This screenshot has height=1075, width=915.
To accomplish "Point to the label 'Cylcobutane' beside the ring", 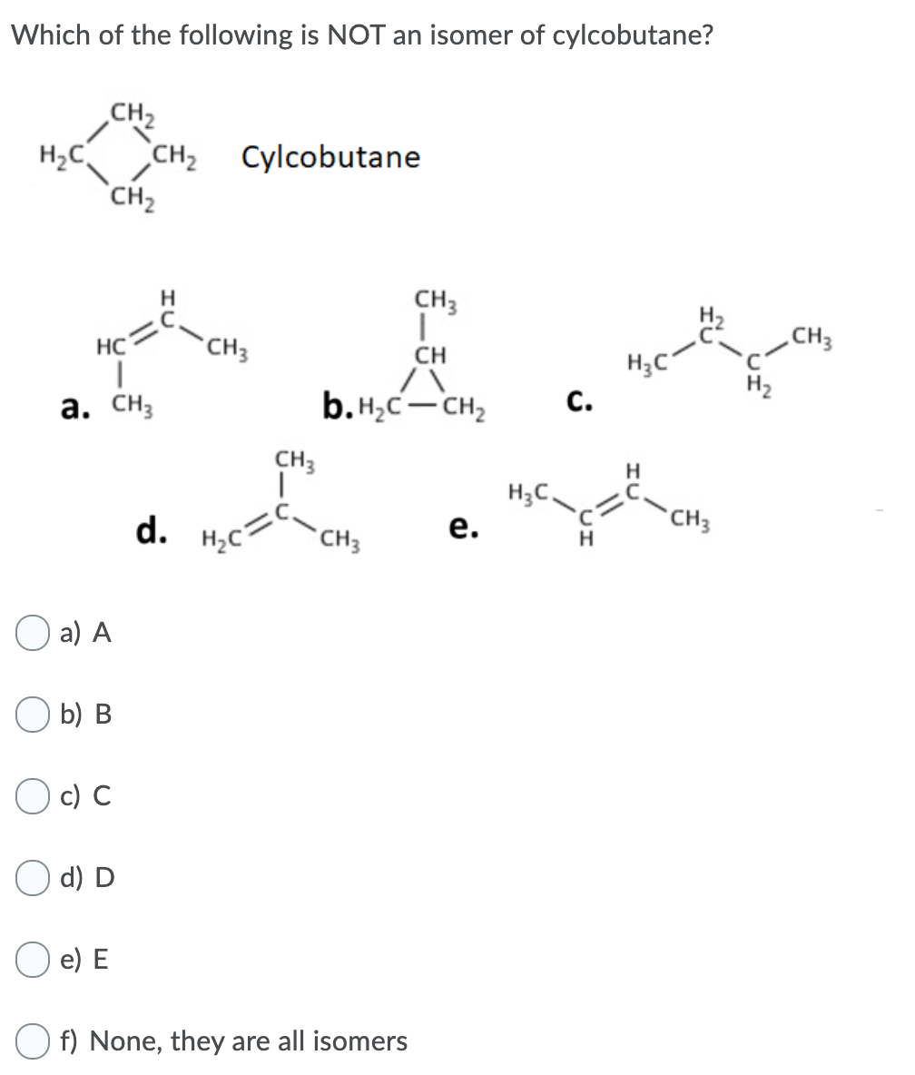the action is pyautogui.click(x=330, y=158).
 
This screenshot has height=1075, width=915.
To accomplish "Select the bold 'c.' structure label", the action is pyautogui.click(x=574, y=400).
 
